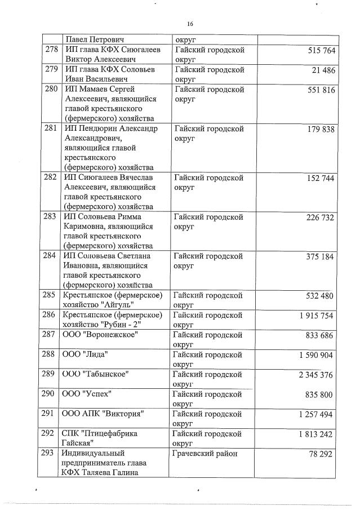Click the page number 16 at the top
[x=189, y=24]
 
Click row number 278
[x=52, y=51]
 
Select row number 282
[x=52, y=178]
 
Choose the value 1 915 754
[x=318, y=316]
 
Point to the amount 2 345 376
[x=318, y=375]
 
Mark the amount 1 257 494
[x=318, y=414]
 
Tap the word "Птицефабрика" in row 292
[x=112, y=433]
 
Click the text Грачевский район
[x=206, y=453]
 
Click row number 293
[x=52, y=453]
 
